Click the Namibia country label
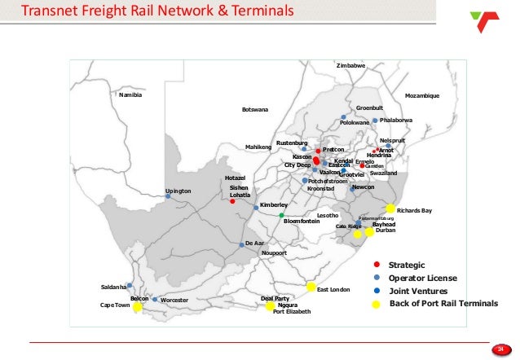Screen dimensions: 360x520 pos(130,95)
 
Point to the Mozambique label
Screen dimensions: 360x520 pos(421,95)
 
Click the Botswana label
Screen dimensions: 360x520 pos(255,109)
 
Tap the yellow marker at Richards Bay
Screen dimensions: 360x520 pos(390,209)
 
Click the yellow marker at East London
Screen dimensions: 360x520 pos(311,287)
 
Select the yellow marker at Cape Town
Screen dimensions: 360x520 pos(138,308)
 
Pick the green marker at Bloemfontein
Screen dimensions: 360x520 pos(281,216)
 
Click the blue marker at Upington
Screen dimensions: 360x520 pos(168,196)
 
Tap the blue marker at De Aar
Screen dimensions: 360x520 pos(242,244)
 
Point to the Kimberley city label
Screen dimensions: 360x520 pos(274,204)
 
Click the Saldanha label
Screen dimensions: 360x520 pos(113,287)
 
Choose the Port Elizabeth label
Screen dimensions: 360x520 pos(291,312)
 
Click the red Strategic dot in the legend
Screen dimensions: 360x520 pos(376,265)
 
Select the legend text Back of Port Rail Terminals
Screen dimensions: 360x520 pos(443,303)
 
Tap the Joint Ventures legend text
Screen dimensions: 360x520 pos(417,291)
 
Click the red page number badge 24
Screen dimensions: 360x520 pos(499,349)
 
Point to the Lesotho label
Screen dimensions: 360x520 pos(328,215)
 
